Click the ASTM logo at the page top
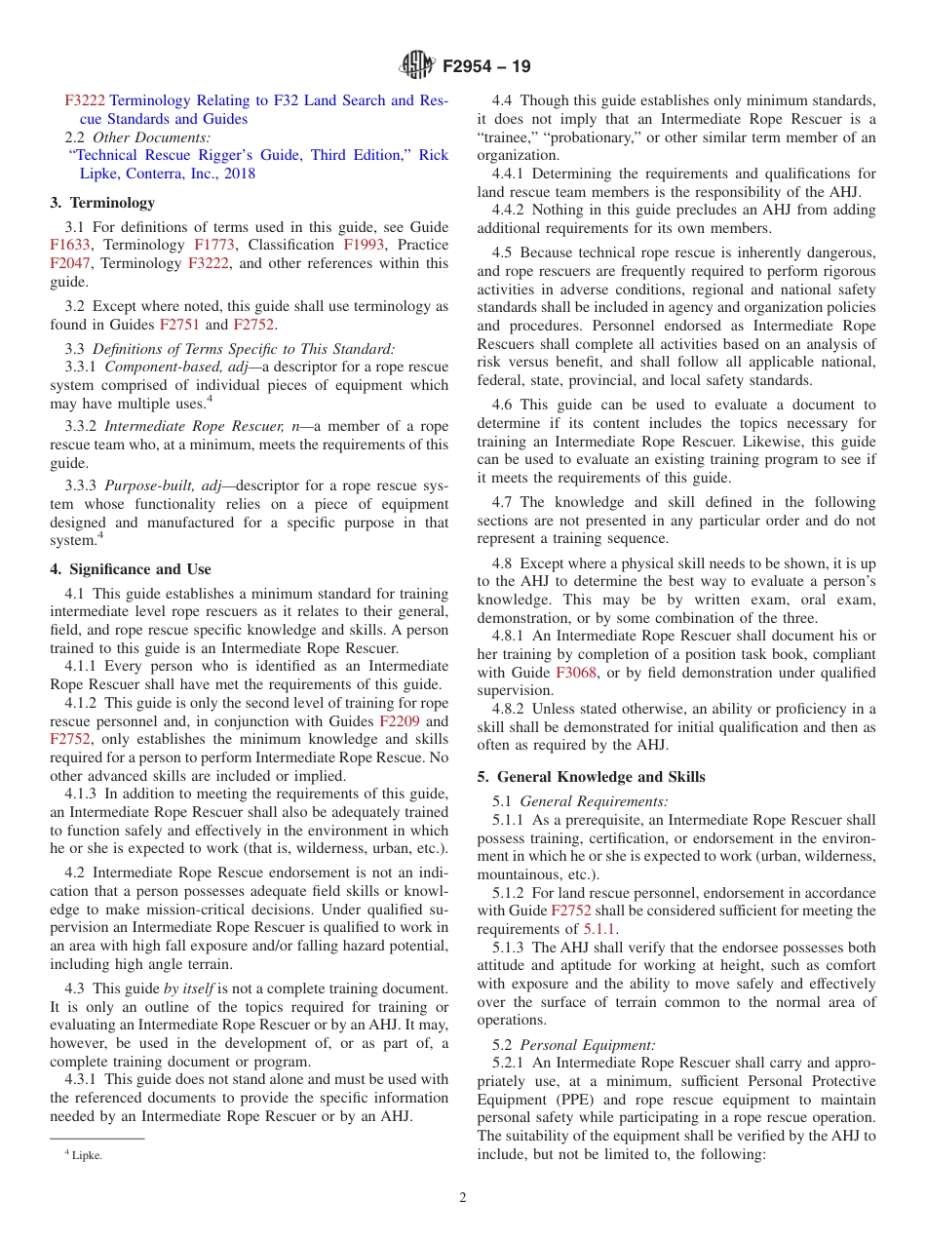coord(417,66)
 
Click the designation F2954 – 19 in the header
coord(486,67)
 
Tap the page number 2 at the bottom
coord(463,1198)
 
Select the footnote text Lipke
coord(86,1155)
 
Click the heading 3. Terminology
coord(102,203)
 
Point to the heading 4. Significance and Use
coord(131,569)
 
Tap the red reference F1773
coord(213,245)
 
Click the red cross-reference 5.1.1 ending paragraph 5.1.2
coord(599,929)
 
